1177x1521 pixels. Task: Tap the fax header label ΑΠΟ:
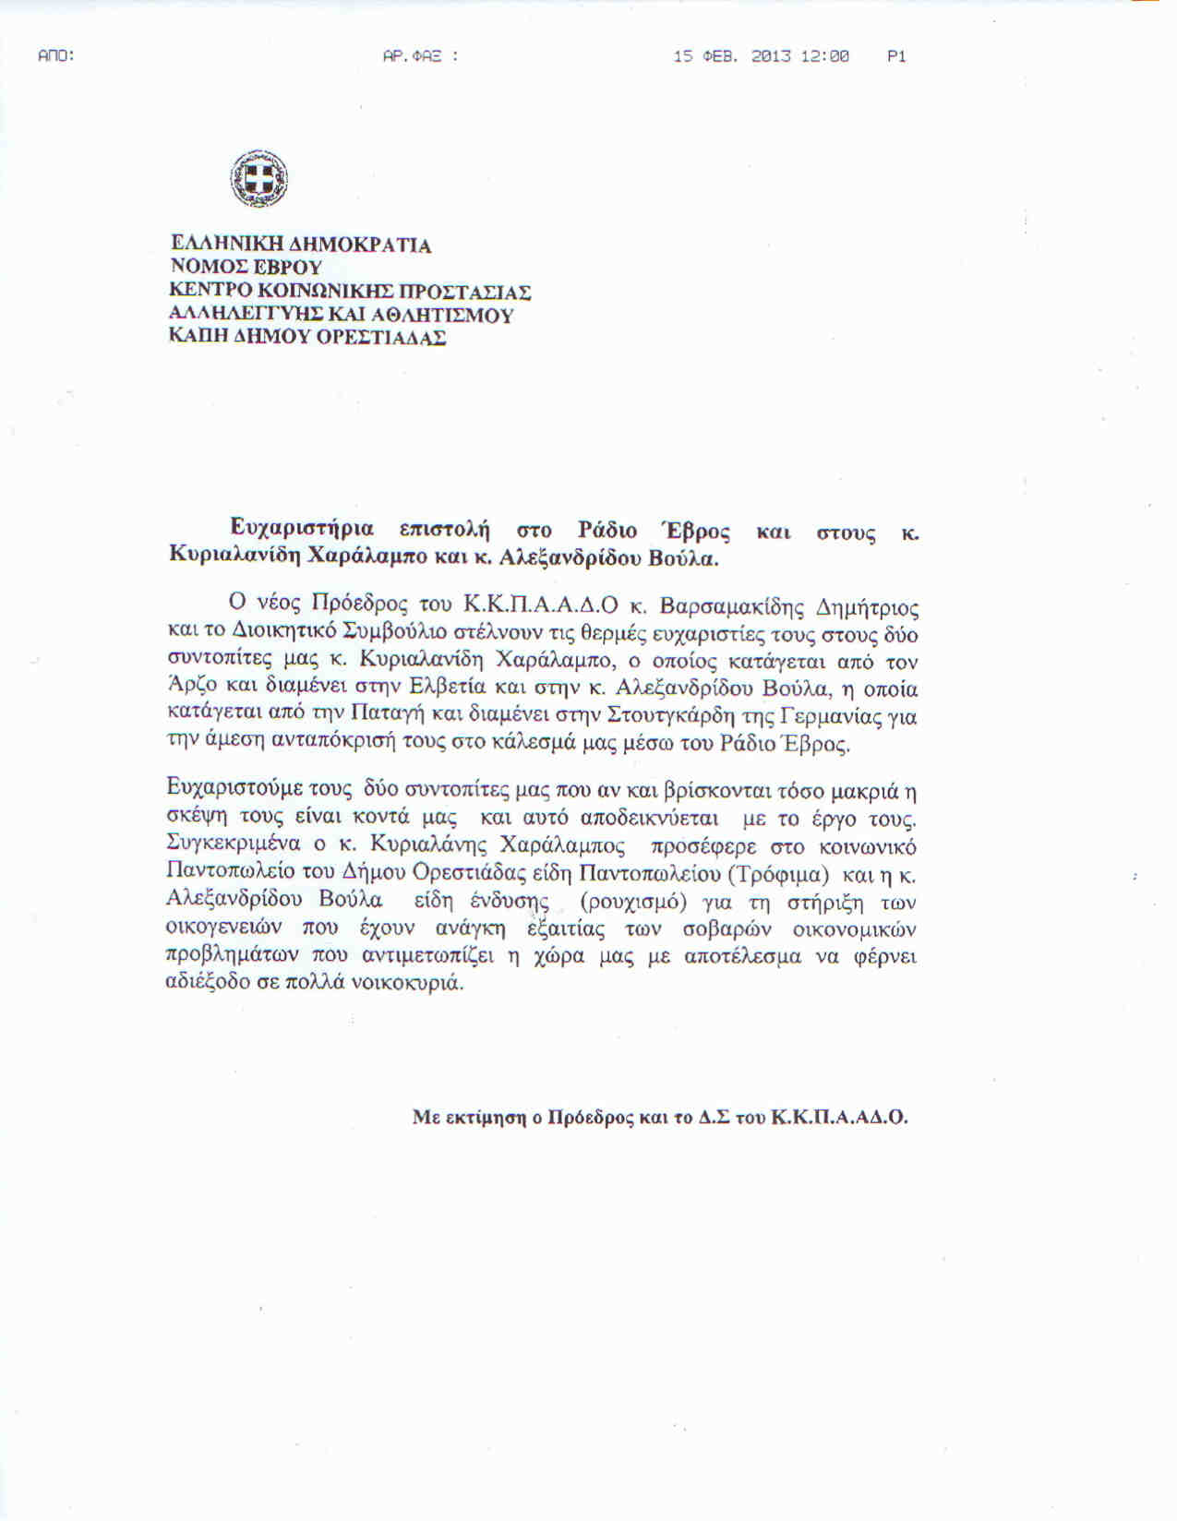55,56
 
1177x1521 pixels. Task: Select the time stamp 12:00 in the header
824,56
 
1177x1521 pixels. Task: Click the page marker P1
896,56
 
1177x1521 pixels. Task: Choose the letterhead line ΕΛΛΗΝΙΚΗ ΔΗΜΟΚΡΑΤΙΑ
301,246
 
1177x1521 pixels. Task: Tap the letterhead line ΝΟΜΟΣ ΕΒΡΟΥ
246,269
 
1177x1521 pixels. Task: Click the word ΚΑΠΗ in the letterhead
194,338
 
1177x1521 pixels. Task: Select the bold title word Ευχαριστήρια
302,529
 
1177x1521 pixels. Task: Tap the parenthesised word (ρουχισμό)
631,902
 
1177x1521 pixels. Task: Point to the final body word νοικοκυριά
414,983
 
